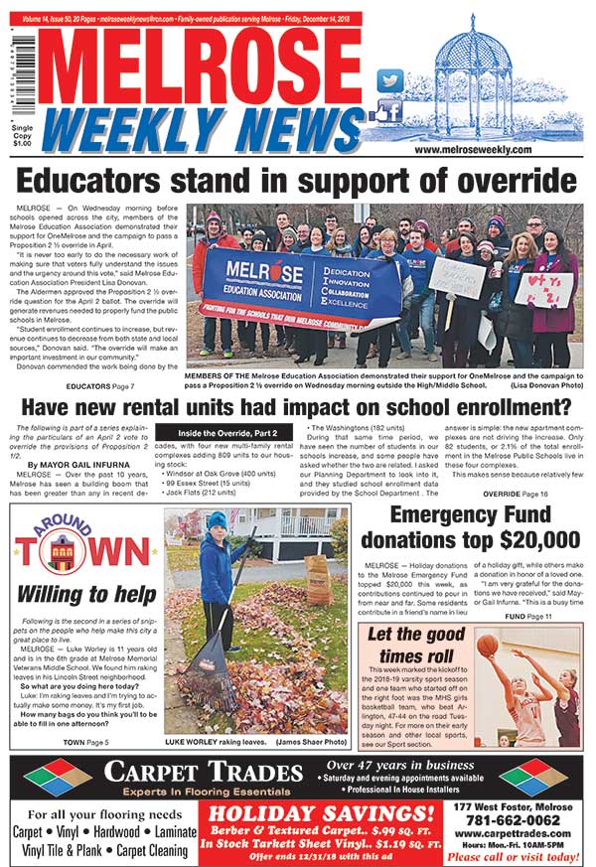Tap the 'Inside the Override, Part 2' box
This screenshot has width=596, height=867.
click(x=229, y=433)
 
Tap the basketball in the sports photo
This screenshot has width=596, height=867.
click(x=487, y=646)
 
